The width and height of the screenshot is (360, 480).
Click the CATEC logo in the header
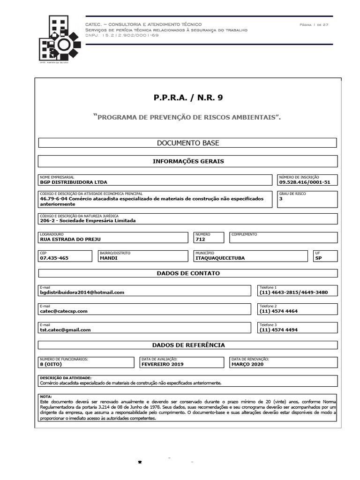(58, 39)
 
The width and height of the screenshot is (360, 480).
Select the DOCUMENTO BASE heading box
(187, 143)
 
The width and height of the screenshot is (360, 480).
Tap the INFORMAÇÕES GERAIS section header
(187, 161)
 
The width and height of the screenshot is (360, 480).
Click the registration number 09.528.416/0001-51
(304, 182)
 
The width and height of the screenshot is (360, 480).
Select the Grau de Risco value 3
(281, 198)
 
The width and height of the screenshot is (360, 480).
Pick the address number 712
(201, 239)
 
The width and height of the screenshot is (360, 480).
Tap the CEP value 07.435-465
(54, 258)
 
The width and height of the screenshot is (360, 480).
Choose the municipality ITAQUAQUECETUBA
(220, 258)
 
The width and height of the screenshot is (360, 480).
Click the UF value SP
(319, 258)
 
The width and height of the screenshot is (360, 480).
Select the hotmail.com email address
(82, 292)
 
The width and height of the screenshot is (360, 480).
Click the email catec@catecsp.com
(64, 311)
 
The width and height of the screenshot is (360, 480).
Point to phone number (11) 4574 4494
(278, 330)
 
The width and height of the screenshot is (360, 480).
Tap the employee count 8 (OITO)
(51, 364)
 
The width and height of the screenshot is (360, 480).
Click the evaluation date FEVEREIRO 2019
(163, 364)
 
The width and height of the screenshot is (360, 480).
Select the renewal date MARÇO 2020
(247, 364)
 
